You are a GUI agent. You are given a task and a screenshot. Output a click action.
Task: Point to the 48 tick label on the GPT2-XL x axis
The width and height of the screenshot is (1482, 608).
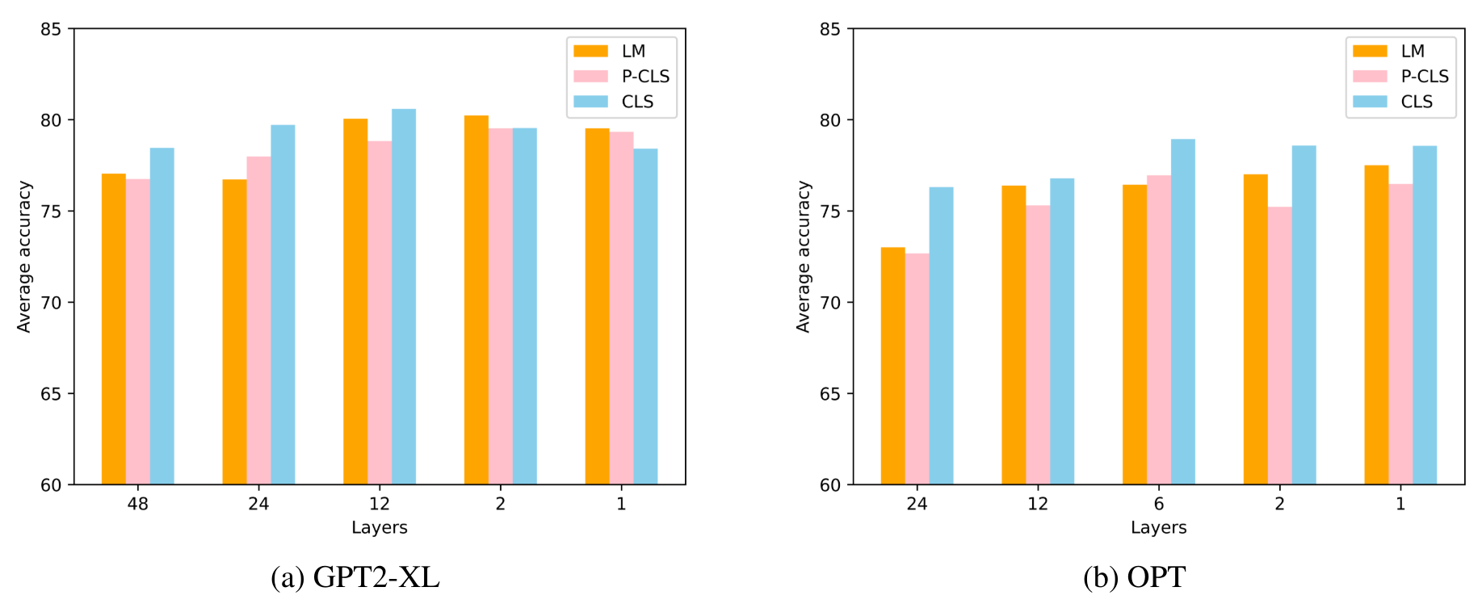click(137, 504)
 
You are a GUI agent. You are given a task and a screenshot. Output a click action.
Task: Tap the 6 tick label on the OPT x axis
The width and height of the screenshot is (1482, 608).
click(1158, 504)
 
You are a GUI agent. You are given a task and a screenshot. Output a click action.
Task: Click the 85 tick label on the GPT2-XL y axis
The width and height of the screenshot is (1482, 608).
click(51, 29)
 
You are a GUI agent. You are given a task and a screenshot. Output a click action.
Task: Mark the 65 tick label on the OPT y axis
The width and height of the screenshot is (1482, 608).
click(829, 394)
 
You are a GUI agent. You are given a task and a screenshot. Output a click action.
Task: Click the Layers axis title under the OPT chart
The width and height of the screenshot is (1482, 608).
click(1158, 527)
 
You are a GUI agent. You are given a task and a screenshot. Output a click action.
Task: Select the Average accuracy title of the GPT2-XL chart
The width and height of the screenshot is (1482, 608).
click(24, 257)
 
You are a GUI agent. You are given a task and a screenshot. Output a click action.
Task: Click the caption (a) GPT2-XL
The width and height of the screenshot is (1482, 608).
click(355, 577)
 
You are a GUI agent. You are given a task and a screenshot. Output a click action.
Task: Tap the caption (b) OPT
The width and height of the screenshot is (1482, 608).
click(1134, 577)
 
